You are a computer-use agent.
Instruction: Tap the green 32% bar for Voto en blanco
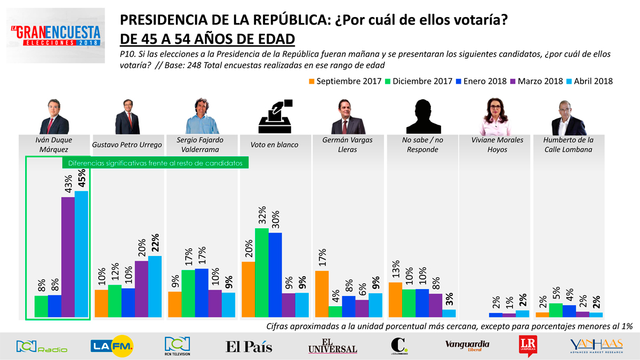tap(261, 273)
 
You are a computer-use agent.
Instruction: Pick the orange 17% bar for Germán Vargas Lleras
tap(322, 294)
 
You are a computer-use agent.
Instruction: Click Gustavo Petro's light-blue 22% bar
tap(155, 286)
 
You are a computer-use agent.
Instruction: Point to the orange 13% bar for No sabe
tap(395, 300)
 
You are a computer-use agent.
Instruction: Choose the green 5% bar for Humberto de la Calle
tap(556, 310)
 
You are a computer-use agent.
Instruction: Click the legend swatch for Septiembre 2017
tap(311, 81)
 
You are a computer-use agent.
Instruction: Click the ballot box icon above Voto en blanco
tap(275, 116)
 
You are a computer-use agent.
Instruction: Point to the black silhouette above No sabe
tap(423, 116)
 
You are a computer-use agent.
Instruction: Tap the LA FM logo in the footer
tap(112, 346)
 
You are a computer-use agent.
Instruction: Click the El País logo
tap(249, 347)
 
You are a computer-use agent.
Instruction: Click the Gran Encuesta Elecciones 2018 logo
tap(55, 35)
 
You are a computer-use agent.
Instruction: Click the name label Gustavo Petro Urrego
tap(127, 145)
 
